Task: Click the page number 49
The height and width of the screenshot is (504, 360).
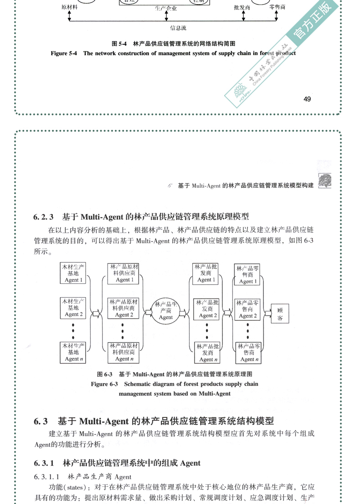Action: (307, 99)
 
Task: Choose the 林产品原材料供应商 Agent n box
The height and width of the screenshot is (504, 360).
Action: (123, 352)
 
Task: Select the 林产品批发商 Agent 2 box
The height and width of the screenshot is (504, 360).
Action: (206, 309)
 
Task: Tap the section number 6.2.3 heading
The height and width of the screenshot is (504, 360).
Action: (44, 216)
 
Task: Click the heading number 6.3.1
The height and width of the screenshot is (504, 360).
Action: (44, 463)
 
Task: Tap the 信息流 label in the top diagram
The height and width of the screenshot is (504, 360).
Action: (178, 28)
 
